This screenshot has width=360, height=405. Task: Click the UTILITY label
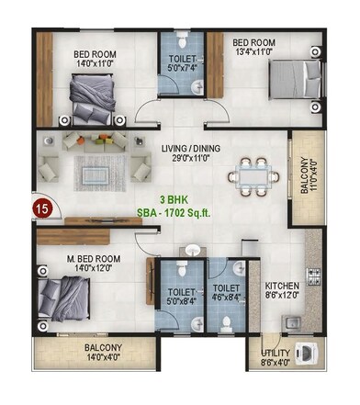click(x=275, y=352)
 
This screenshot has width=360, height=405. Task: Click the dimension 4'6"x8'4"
click(x=223, y=298)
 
